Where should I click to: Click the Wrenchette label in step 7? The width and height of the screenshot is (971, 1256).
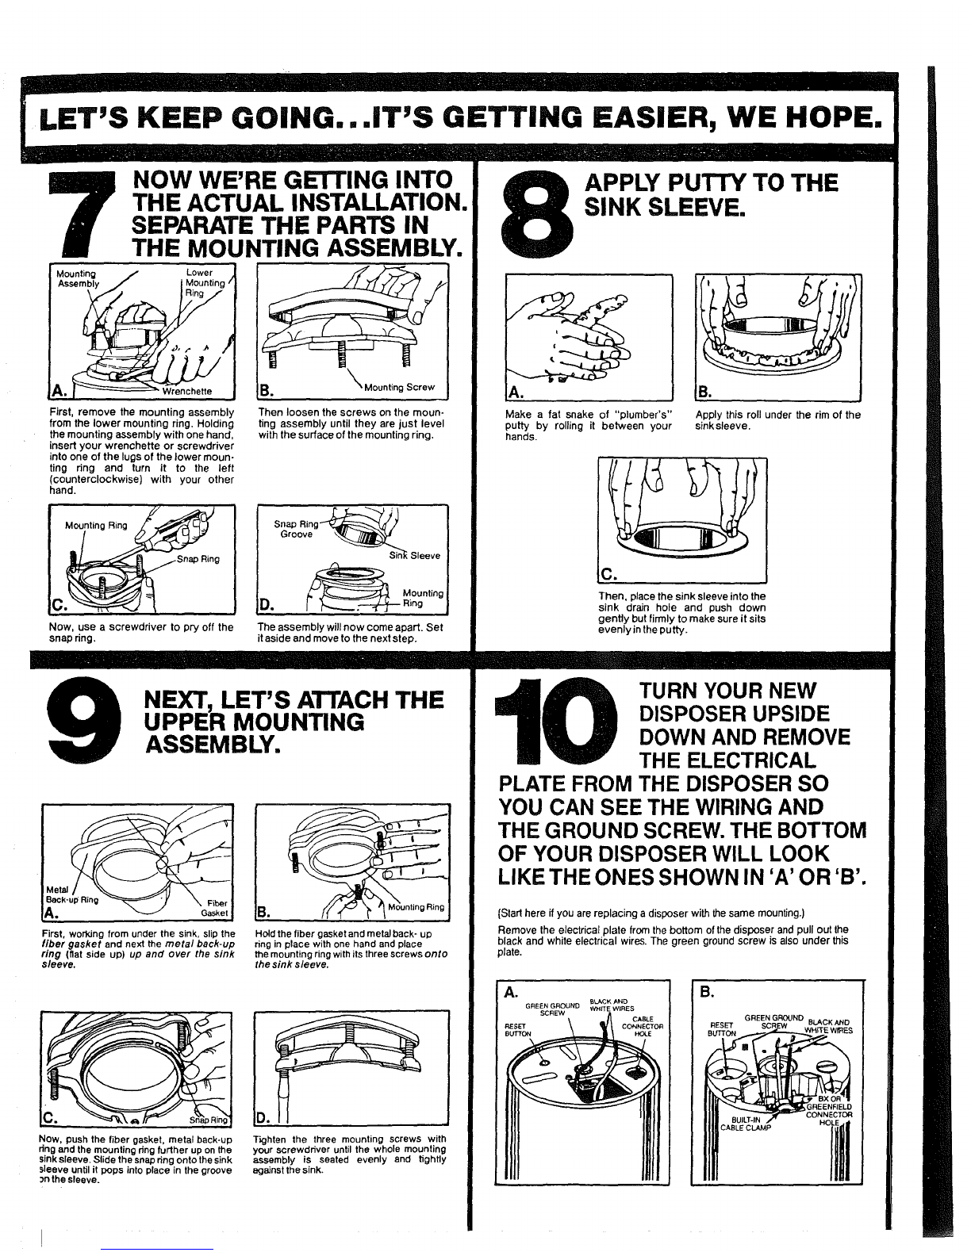(186, 391)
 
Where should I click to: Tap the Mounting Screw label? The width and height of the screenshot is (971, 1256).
(399, 387)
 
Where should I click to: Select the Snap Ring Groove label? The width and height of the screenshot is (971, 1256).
(296, 529)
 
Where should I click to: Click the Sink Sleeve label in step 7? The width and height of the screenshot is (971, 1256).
(414, 556)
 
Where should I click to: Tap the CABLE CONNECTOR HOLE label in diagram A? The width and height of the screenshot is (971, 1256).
(643, 1027)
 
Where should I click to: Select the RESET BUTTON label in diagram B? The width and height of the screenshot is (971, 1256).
(723, 1029)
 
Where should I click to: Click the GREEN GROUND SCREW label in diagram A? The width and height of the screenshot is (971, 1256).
(552, 1009)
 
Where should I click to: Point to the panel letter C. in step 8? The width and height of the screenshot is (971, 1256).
(608, 575)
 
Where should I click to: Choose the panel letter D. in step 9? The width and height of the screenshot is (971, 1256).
(263, 1118)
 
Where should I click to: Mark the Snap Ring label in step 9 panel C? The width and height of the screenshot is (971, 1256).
(209, 1120)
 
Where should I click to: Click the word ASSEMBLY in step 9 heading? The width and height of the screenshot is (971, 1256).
(213, 745)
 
